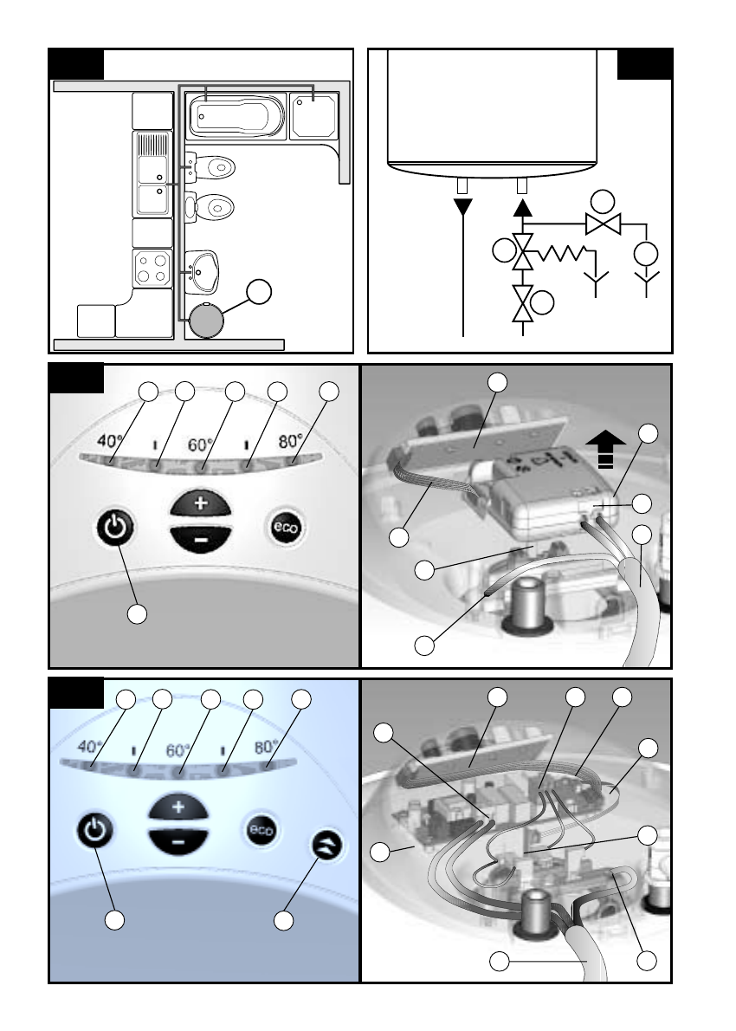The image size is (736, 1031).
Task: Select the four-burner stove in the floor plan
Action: [152, 269]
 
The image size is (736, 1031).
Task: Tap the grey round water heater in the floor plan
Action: [206, 321]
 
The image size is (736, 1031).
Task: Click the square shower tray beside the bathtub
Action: [314, 116]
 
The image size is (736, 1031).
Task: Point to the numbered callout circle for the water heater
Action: [259, 292]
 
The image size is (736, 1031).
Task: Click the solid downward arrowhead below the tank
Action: [463, 208]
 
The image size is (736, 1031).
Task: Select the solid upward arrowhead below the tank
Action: [522, 208]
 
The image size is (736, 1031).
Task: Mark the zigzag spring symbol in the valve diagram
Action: [560, 252]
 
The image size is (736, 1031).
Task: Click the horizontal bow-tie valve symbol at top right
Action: [603, 224]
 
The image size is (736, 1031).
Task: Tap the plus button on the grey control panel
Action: [200, 504]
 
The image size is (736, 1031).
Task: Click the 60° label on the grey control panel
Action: [200, 445]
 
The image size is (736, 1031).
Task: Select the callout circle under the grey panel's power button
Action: [137, 613]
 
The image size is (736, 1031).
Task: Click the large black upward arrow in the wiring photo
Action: [606, 450]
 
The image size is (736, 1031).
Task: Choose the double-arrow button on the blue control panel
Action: [326, 846]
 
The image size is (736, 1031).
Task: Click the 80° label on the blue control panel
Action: [266, 748]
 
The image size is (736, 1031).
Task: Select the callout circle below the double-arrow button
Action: [283, 920]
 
